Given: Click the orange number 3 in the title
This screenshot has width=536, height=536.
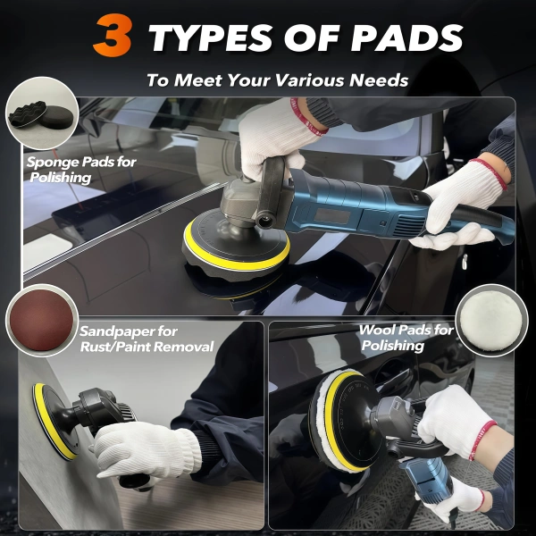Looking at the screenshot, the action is tap(113, 35).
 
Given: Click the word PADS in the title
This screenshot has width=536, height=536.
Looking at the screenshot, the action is tap(406, 38).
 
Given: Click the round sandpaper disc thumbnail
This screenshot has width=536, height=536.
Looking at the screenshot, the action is tap(41, 320).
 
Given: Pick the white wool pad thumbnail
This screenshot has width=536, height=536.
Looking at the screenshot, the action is tap(491, 321).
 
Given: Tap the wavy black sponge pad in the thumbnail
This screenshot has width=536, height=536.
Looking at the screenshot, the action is tap(28, 113).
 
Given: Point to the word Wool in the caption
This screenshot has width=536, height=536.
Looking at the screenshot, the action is tap(376, 330).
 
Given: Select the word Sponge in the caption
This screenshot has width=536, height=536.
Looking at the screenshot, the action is tap(51, 162).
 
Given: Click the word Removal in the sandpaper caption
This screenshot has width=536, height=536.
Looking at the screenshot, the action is tap(183, 347).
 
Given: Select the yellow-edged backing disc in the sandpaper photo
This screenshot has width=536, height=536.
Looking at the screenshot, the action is tap(54, 421).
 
